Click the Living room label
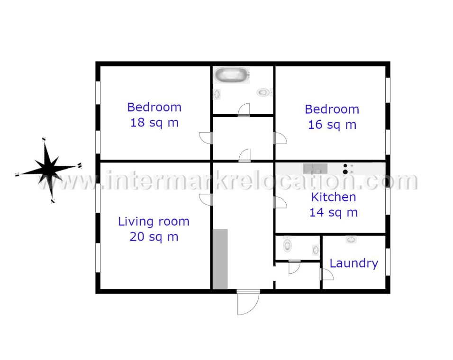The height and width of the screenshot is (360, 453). coord(154,221)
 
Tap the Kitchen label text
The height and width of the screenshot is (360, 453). coord(334,197)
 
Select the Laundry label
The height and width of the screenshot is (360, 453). coord(354,263)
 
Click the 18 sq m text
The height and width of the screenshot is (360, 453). coord(154,123)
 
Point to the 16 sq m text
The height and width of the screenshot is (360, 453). coord(332,125)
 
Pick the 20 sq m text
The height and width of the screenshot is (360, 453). coord(154,237)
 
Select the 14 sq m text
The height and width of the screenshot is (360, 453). coord(334,213)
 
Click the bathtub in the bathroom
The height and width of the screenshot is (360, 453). coord(232,75)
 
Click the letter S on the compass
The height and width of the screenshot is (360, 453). coord(44,139)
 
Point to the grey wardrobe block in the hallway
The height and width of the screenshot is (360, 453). coord(220,259)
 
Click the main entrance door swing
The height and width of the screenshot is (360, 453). coord(248,303)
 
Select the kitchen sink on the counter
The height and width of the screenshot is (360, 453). coord(315,168)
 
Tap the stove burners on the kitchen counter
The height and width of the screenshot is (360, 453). coord(348,169)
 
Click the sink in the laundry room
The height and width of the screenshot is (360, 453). coord(351,239)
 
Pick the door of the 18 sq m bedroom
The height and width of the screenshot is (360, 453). coord(206,138)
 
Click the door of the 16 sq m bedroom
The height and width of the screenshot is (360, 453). coord(280,138)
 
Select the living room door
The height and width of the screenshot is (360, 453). coord(206,200)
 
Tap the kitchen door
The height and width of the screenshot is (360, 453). coord(280,202)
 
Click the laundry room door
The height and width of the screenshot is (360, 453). coord(327,274)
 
